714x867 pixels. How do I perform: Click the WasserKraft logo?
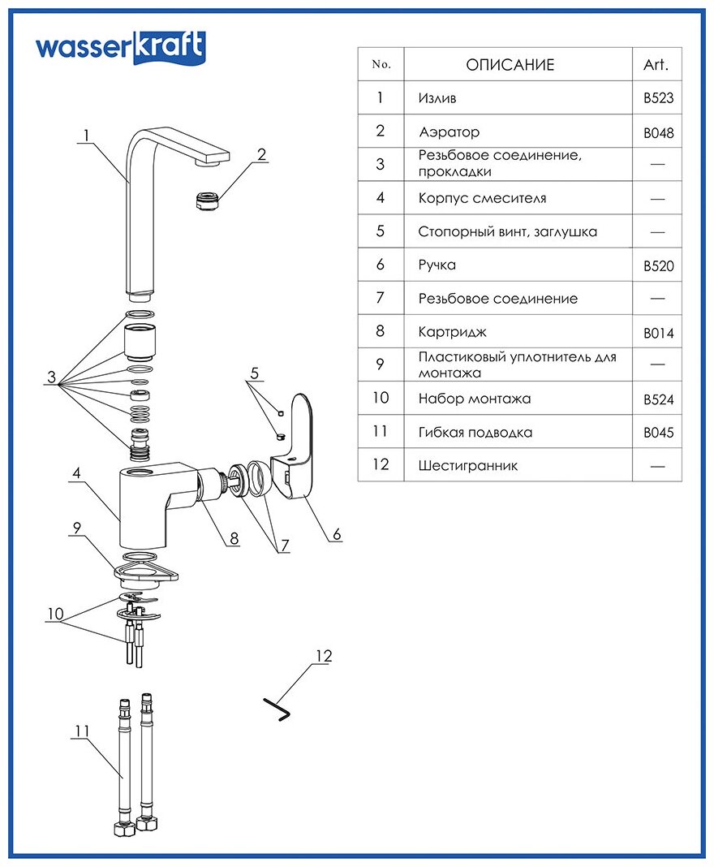click(119, 47)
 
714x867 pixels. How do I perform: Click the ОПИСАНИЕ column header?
click(510, 65)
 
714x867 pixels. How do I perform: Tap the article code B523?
click(658, 99)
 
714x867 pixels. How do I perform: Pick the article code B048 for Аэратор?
click(658, 132)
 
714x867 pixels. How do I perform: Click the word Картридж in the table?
click(453, 332)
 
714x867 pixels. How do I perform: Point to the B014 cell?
click(658, 333)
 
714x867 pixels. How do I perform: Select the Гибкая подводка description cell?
click(475, 433)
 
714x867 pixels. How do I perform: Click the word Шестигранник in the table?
click(468, 466)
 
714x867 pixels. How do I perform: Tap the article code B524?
click(658, 399)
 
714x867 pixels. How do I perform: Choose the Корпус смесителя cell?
click(482, 198)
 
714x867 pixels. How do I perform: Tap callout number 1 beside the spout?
click(88, 136)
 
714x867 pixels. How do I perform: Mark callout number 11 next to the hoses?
click(80, 731)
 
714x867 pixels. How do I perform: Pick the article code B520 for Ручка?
click(658, 266)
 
